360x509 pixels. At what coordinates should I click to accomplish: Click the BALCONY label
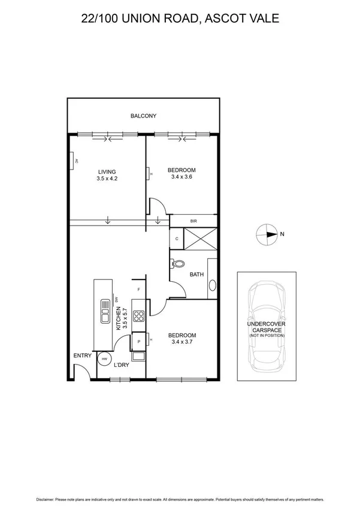click(x=143, y=116)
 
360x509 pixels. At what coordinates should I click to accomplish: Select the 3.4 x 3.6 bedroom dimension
click(x=183, y=177)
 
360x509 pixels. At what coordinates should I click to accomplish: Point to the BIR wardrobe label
click(x=193, y=221)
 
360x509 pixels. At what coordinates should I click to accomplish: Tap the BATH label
click(x=196, y=275)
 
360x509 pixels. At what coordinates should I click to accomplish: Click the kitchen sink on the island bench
click(x=105, y=311)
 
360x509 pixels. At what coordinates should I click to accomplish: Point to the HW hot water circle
click(x=104, y=359)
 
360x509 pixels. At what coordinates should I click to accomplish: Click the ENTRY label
click(x=82, y=356)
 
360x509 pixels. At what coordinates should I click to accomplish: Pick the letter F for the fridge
click(x=138, y=290)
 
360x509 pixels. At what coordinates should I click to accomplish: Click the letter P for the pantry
click(x=138, y=341)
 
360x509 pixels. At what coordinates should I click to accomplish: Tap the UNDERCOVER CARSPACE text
click(x=267, y=326)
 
